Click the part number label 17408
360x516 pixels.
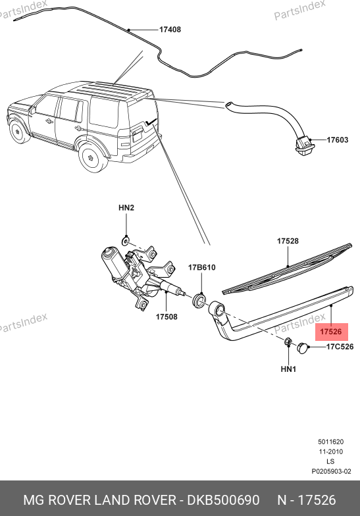click(x=170, y=30)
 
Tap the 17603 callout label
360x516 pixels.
click(x=337, y=140)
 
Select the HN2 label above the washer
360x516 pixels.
click(x=126, y=208)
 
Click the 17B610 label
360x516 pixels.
click(x=201, y=267)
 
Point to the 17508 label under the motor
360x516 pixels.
click(x=167, y=317)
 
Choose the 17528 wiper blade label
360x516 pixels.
click(x=288, y=241)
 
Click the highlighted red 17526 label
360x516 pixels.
click(x=331, y=332)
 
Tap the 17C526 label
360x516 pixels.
click(x=340, y=346)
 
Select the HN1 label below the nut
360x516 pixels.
click(x=288, y=369)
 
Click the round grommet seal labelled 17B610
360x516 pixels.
click(x=199, y=301)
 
